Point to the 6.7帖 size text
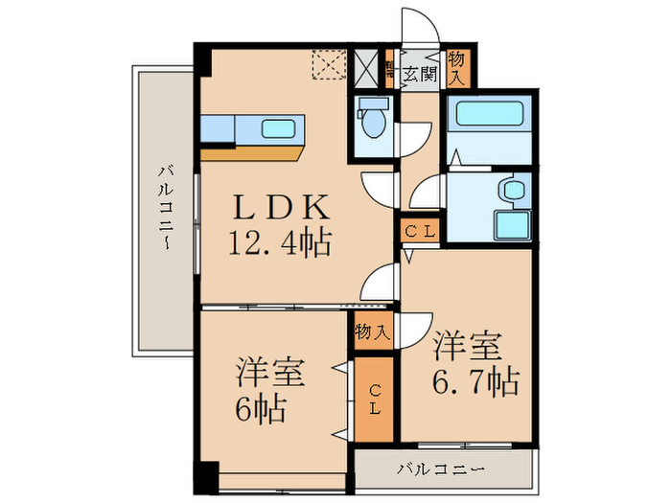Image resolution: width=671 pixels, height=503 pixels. (x=475, y=382)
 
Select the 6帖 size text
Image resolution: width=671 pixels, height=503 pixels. (x=260, y=410)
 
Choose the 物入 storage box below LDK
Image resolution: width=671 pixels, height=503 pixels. (x=372, y=332)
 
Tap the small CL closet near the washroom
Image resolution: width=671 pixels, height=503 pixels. (x=419, y=231)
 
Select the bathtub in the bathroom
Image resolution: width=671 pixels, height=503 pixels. (x=489, y=118)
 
